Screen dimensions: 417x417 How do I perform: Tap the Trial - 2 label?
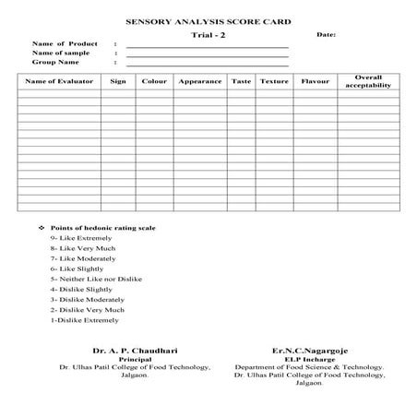(208, 34)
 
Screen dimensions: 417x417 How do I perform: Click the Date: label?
(326, 34)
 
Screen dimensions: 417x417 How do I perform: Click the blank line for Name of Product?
(207, 45)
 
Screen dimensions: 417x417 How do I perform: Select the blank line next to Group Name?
(207, 65)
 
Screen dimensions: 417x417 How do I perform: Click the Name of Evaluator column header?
(57, 81)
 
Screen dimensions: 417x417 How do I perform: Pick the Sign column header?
(117, 81)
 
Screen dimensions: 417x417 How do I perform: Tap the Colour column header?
(153, 81)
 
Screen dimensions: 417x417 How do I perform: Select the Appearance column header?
(199, 81)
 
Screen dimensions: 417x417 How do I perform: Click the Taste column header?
(241, 81)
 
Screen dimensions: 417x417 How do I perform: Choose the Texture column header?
(274, 81)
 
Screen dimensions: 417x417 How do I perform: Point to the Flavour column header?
(315, 81)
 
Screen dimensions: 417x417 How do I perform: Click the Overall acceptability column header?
(368, 81)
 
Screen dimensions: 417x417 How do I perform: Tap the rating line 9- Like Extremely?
(81, 238)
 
